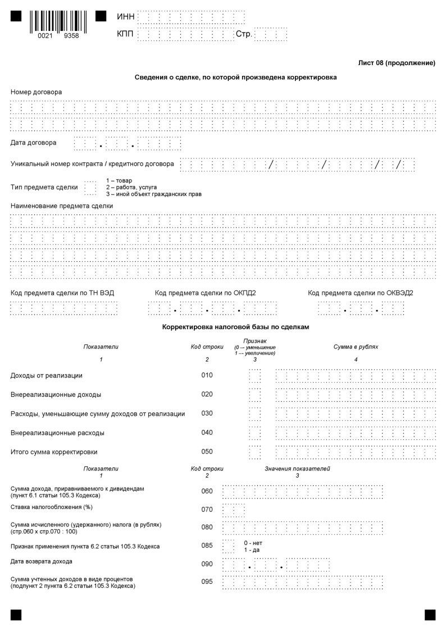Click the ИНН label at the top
coord(125,17)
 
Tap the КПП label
coord(126,35)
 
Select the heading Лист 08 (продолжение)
coord(397,62)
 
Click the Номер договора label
coord(37,92)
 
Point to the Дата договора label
coord(34,143)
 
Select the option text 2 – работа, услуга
coord(131,187)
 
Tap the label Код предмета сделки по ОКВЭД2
coord(361,293)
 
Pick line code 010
coord(207,375)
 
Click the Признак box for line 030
coord(255,414)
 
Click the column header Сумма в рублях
coord(356,347)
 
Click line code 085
coord(207,546)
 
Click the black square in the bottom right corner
coord(430,615)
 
